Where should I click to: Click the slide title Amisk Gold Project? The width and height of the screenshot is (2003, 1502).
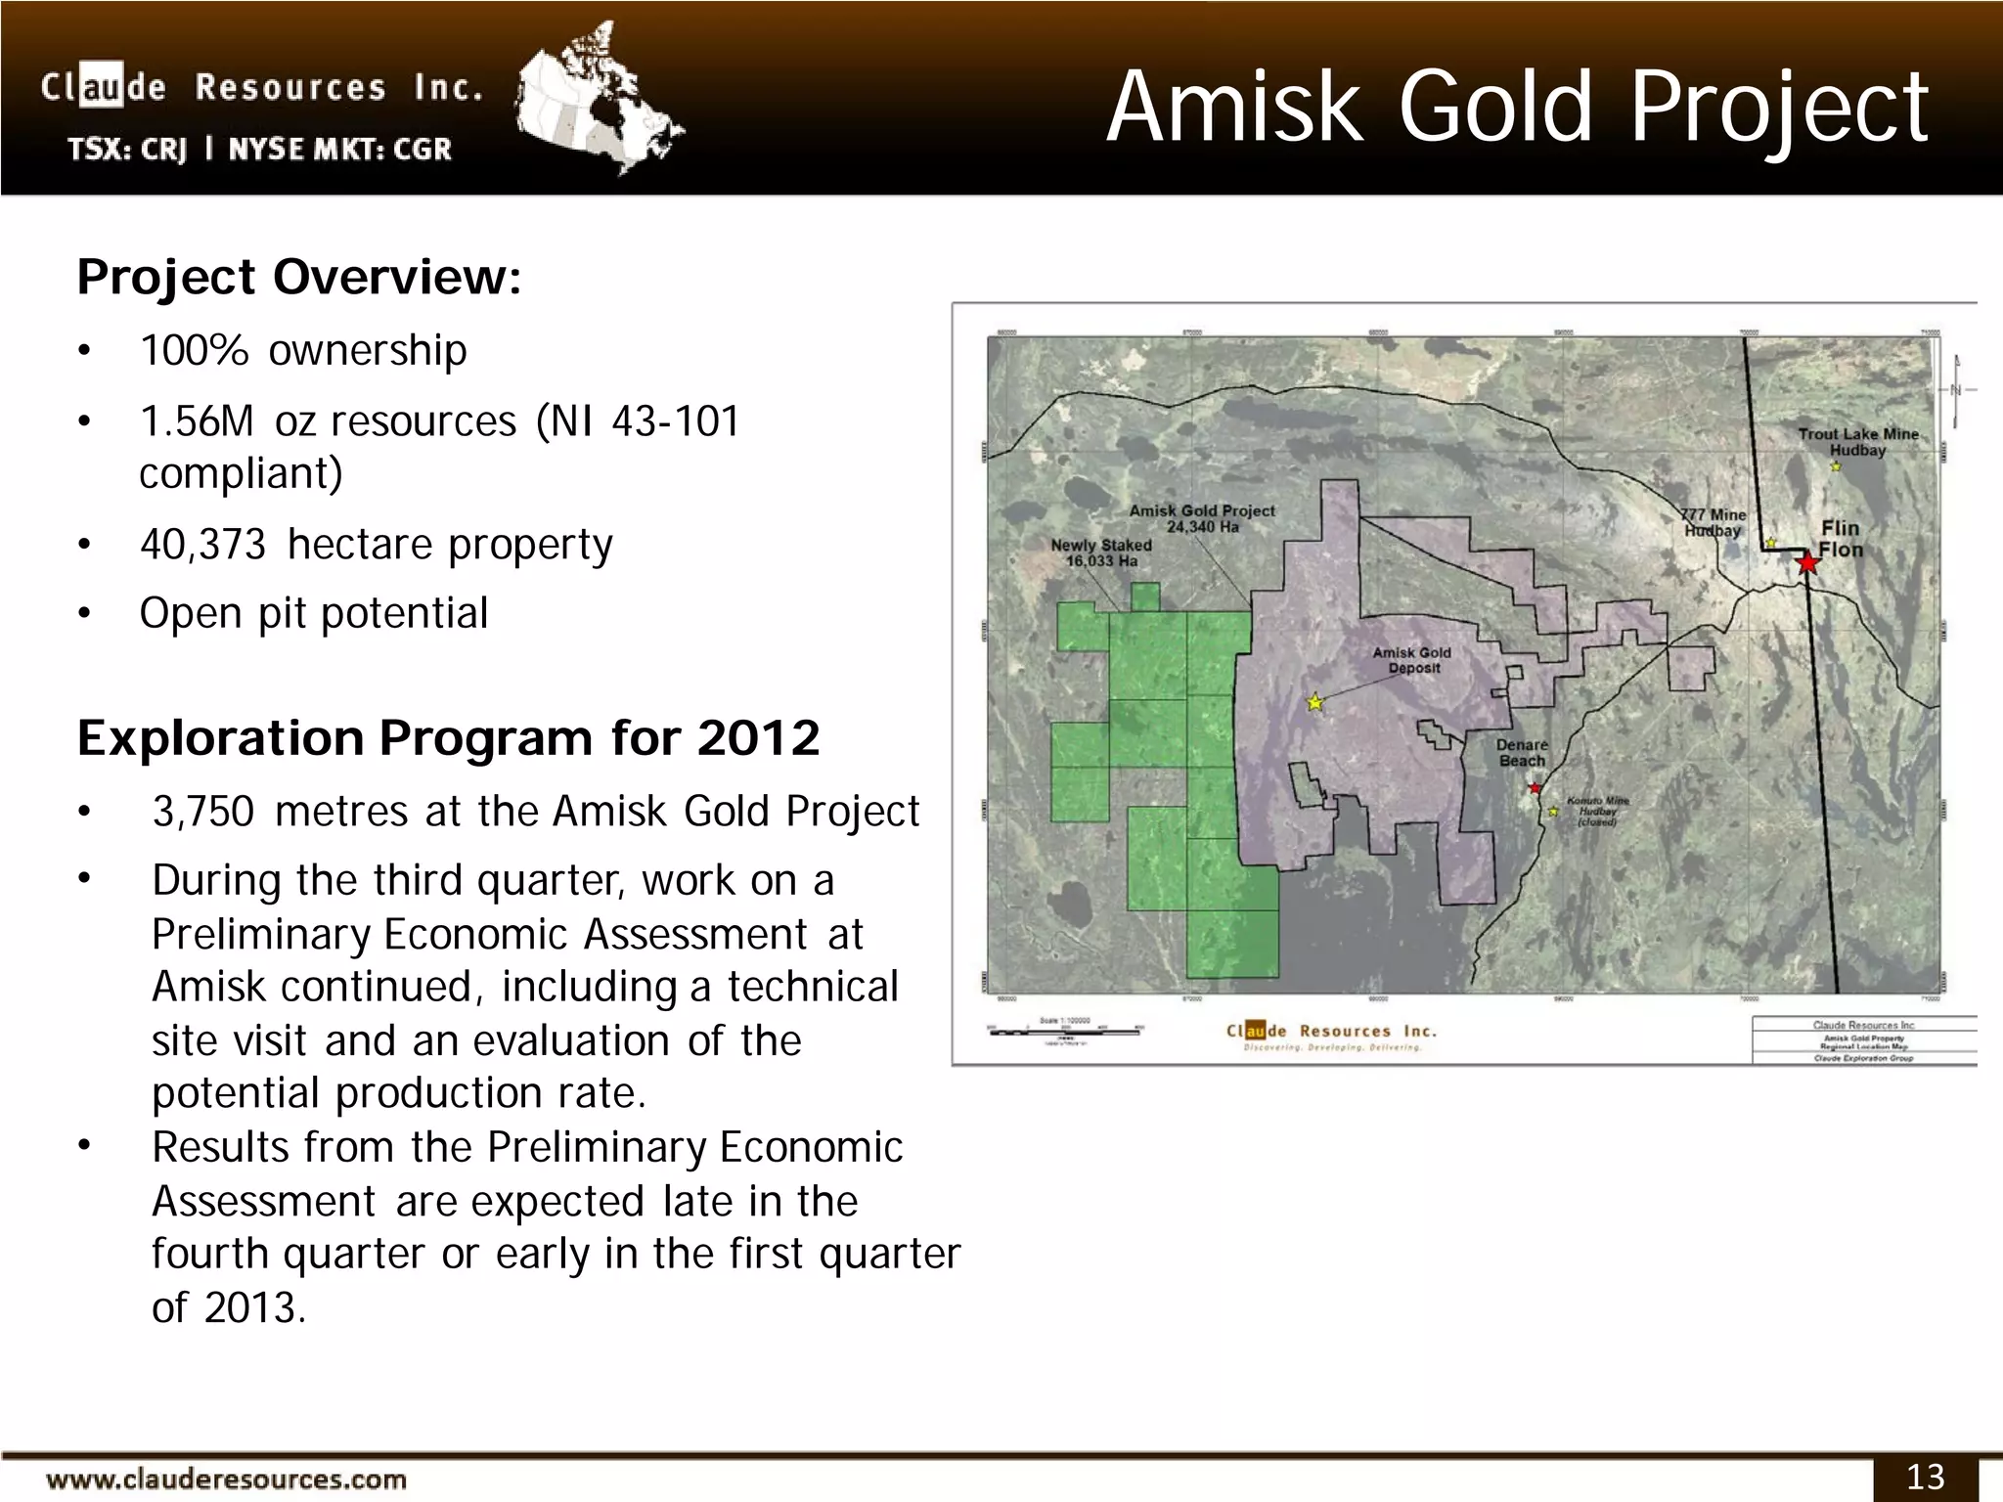click(1517, 108)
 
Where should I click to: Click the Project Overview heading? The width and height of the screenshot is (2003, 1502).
click(299, 277)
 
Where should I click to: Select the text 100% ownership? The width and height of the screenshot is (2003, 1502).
click(303, 350)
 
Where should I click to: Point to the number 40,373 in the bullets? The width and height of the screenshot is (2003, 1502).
click(202, 544)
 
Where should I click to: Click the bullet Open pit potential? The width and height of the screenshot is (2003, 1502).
click(313, 613)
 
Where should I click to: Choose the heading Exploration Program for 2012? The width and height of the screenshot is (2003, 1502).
click(448, 737)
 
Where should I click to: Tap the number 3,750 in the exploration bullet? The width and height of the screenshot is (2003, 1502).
click(202, 812)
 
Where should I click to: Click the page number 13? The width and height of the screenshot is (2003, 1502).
click(1925, 1477)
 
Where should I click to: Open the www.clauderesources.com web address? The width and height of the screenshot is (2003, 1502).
click(227, 1480)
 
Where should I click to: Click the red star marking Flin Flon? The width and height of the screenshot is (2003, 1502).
click(1807, 563)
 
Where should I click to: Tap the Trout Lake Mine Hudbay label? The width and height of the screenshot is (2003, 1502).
click(1857, 442)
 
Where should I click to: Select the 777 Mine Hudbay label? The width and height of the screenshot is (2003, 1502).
click(1713, 522)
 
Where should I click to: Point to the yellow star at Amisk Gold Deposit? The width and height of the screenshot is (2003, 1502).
click(1315, 702)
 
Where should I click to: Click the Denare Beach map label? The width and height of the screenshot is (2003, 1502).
click(1522, 753)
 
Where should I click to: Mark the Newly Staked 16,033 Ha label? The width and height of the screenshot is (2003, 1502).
click(1101, 552)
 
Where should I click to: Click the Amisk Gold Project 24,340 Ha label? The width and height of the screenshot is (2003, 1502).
click(1202, 518)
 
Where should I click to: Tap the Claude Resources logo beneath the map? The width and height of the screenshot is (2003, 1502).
click(1331, 1036)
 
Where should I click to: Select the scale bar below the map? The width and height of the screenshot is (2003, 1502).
click(1064, 1031)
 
